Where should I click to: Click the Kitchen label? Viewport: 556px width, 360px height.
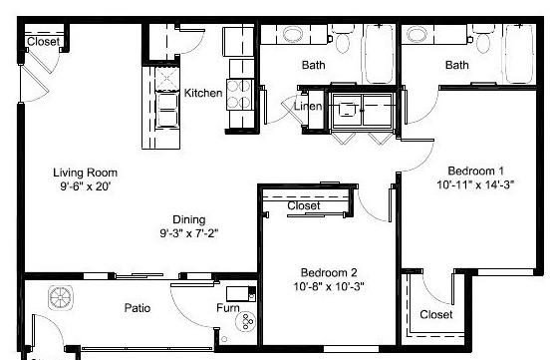(x=203, y=93)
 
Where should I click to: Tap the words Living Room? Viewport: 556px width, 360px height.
(x=85, y=173)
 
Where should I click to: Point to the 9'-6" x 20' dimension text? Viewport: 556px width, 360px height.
(x=86, y=186)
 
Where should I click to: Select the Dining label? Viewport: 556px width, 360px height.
(x=189, y=219)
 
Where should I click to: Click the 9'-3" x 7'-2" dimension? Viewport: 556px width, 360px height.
(x=189, y=233)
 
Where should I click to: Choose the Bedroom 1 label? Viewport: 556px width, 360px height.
(x=475, y=171)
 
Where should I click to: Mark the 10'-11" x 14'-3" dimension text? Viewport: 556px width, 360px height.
(x=475, y=184)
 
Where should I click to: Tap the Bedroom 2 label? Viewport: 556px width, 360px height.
(x=329, y=272)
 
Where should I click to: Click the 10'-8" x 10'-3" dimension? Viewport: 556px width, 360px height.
(x=329, y=286)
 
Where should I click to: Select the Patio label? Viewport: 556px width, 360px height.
(x=138, y=308)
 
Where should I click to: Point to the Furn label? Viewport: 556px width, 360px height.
(x=228, y=308)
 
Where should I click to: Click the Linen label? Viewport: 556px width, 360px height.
(x=308, y=106)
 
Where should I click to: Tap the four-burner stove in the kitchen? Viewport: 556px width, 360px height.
(x=239, y=94)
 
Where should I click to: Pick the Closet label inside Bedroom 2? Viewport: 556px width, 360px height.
(x=304, y=205)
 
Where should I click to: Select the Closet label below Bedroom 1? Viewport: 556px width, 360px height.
(x=436, y=314)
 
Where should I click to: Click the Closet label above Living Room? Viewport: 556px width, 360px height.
(x=43, y=42)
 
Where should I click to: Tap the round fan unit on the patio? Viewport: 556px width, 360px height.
(x=61, y=297)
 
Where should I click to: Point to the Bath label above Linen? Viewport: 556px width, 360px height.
(x=314, y=65)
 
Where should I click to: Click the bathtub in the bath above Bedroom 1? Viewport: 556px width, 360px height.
(x=520, y=54)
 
